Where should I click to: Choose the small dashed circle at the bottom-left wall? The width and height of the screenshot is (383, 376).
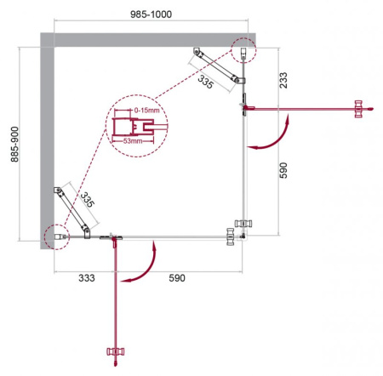55,236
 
